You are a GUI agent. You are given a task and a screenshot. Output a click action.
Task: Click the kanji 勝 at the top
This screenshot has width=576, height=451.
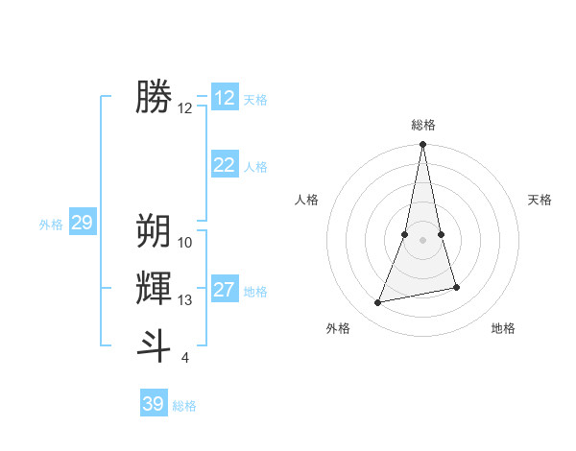(154, 97)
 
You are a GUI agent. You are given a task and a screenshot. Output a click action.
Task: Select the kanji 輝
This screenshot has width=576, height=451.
(154, 288)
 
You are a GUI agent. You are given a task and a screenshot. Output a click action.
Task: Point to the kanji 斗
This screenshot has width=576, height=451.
(154, 345)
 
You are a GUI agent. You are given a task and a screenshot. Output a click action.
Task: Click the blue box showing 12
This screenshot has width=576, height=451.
(225, 98)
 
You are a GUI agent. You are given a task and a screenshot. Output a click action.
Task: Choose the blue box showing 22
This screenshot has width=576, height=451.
(225, 165)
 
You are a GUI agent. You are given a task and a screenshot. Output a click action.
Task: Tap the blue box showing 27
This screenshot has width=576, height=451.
(225, 290)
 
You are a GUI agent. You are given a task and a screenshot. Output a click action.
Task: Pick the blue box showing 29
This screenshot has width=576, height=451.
(82, 224)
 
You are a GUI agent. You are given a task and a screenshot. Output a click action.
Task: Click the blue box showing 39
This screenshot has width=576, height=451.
(154, 404)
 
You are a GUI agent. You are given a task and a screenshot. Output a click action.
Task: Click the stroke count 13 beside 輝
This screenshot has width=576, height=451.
(185, 300)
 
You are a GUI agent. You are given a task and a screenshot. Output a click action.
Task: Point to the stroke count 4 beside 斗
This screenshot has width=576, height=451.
(184, 359)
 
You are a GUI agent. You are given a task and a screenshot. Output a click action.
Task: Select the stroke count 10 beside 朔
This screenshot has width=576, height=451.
(185, 243)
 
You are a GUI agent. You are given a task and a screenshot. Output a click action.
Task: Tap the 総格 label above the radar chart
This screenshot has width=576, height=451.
(423, 125)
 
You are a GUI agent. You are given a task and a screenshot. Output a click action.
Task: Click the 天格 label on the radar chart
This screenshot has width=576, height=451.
(540, 200)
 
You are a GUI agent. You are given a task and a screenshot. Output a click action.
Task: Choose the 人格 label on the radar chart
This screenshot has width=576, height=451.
(306, 200)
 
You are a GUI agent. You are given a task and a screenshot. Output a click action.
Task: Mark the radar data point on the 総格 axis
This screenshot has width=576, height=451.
(423, 145)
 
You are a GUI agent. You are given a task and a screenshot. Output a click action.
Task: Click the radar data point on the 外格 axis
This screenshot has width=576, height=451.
(378, 302)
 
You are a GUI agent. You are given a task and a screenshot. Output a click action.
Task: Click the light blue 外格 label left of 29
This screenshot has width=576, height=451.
(51, 225)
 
